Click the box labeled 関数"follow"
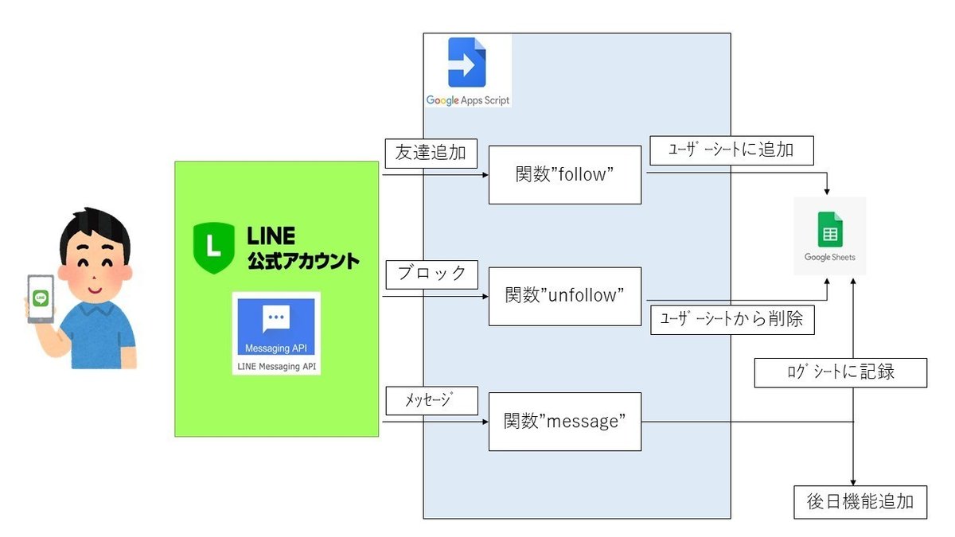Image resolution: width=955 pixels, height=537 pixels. tap(564, 174)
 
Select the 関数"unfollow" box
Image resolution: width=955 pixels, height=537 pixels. tap(564, 296)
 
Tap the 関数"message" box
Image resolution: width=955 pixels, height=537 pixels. tap(564, 422)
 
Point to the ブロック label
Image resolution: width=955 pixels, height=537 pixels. tap(431, 274)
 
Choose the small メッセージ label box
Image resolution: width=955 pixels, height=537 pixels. tap(431, 400)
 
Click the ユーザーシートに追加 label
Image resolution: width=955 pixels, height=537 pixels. tap(731, 150)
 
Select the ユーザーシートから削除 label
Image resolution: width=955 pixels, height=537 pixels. tap(731, 320)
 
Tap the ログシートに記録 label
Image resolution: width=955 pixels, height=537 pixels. tap(840, 372)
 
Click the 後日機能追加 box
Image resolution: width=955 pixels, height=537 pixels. tap(860, 502)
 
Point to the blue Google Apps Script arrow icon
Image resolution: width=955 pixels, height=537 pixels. tap(466, 63)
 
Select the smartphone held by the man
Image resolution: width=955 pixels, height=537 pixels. tap(41, 298)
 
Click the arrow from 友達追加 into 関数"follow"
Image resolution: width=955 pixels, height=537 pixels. tap(434, 175)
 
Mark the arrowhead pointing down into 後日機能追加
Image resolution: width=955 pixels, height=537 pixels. tap(853, 481)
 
